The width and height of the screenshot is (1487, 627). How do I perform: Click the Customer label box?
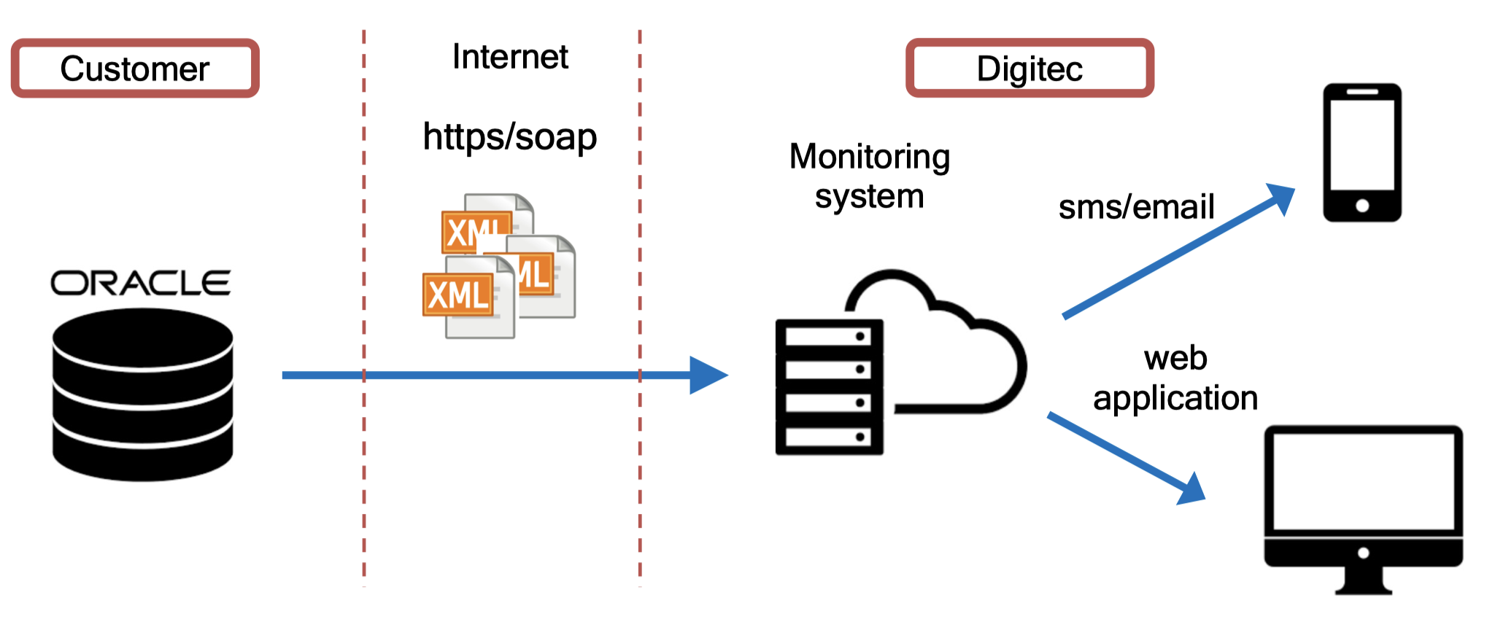coord(135,68)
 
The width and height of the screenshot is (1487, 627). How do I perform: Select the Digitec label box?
coord(1030,68)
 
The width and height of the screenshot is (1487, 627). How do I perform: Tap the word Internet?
coord(510,56)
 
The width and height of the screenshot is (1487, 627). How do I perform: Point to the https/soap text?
coord(510,137)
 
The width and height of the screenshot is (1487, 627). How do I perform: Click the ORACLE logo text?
coord(141,283)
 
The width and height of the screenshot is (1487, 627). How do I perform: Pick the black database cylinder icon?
coord(143,394)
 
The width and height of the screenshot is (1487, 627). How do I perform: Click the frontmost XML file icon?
coord(468,297)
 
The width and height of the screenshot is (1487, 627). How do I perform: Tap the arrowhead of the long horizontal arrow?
coord(708,375)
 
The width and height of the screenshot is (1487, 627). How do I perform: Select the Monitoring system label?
coord(869,176)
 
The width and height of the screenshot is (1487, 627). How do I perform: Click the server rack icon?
coord(830,387)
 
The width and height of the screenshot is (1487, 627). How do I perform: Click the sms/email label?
coord(1136,206)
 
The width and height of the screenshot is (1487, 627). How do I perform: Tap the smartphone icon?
coord(1362,152)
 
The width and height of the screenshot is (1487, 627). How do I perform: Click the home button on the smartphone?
coord(1362,206)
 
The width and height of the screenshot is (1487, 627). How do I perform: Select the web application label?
coord(1175,378)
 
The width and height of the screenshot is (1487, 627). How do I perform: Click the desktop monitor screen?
coord(1363,482)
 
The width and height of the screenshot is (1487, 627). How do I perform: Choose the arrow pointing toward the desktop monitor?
coord(1127,459)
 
